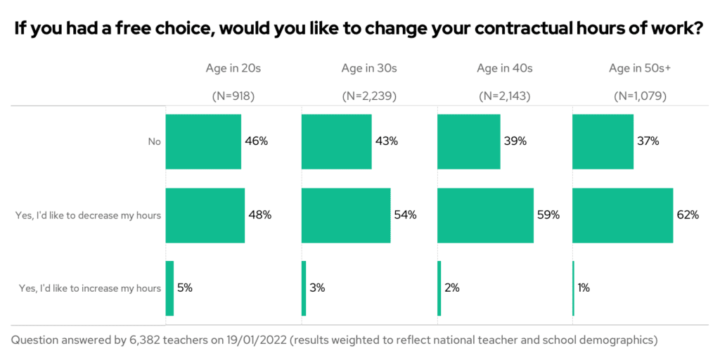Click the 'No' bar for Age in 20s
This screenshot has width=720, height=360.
pyautogui.click(x=203, y=141)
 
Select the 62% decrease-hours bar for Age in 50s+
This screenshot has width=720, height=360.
pyautogui.click(x=622, y=215)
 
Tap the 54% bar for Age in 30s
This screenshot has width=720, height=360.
pyautogui.click(x=345, y=215)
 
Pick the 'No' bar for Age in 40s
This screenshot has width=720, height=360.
pyautogui.click(x=468, y=141)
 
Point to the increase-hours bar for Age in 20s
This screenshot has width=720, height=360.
pyautogui.click(x=169, y=288)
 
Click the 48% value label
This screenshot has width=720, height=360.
pyautogui.click(x=259, y=215)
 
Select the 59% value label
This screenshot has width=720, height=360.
pyautogui.click(x=548, y=215)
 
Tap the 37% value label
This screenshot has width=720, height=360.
pyautogui.click(x=648, y=141)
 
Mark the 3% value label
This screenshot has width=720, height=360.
pyautogui.click(x=317, y=288)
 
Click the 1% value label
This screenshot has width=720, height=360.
pyautogui.click(x=585, y=288)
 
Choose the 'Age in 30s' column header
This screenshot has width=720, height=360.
pyautogui.click(x=369, y=68)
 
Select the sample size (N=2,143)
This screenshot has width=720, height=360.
pyautogui.click(x=504, y=96)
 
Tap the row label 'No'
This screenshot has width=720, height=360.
pyautogui.click(x=154, y=141)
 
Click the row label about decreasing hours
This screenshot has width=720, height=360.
pyautogui.click(x=88, y=215)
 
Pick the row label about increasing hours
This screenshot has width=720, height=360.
pyautogui.click(x=88, y=288)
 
